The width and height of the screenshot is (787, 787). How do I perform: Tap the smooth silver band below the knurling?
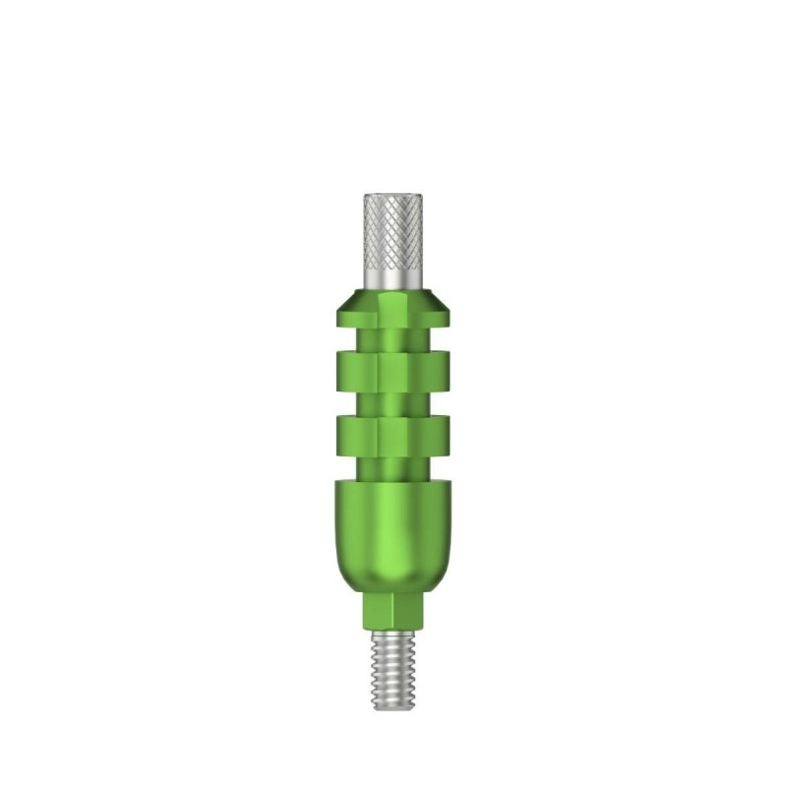(x=393, y=281)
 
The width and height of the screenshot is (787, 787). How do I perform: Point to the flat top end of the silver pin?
(x=393, y=195)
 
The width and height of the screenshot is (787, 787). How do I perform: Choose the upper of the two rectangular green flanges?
(x=393, y=370)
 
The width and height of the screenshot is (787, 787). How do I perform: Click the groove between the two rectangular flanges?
(x=393, y=401)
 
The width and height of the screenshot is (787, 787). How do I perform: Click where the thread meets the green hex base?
(x=393, y=631)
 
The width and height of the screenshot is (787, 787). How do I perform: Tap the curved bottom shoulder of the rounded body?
(x=393, y=580)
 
